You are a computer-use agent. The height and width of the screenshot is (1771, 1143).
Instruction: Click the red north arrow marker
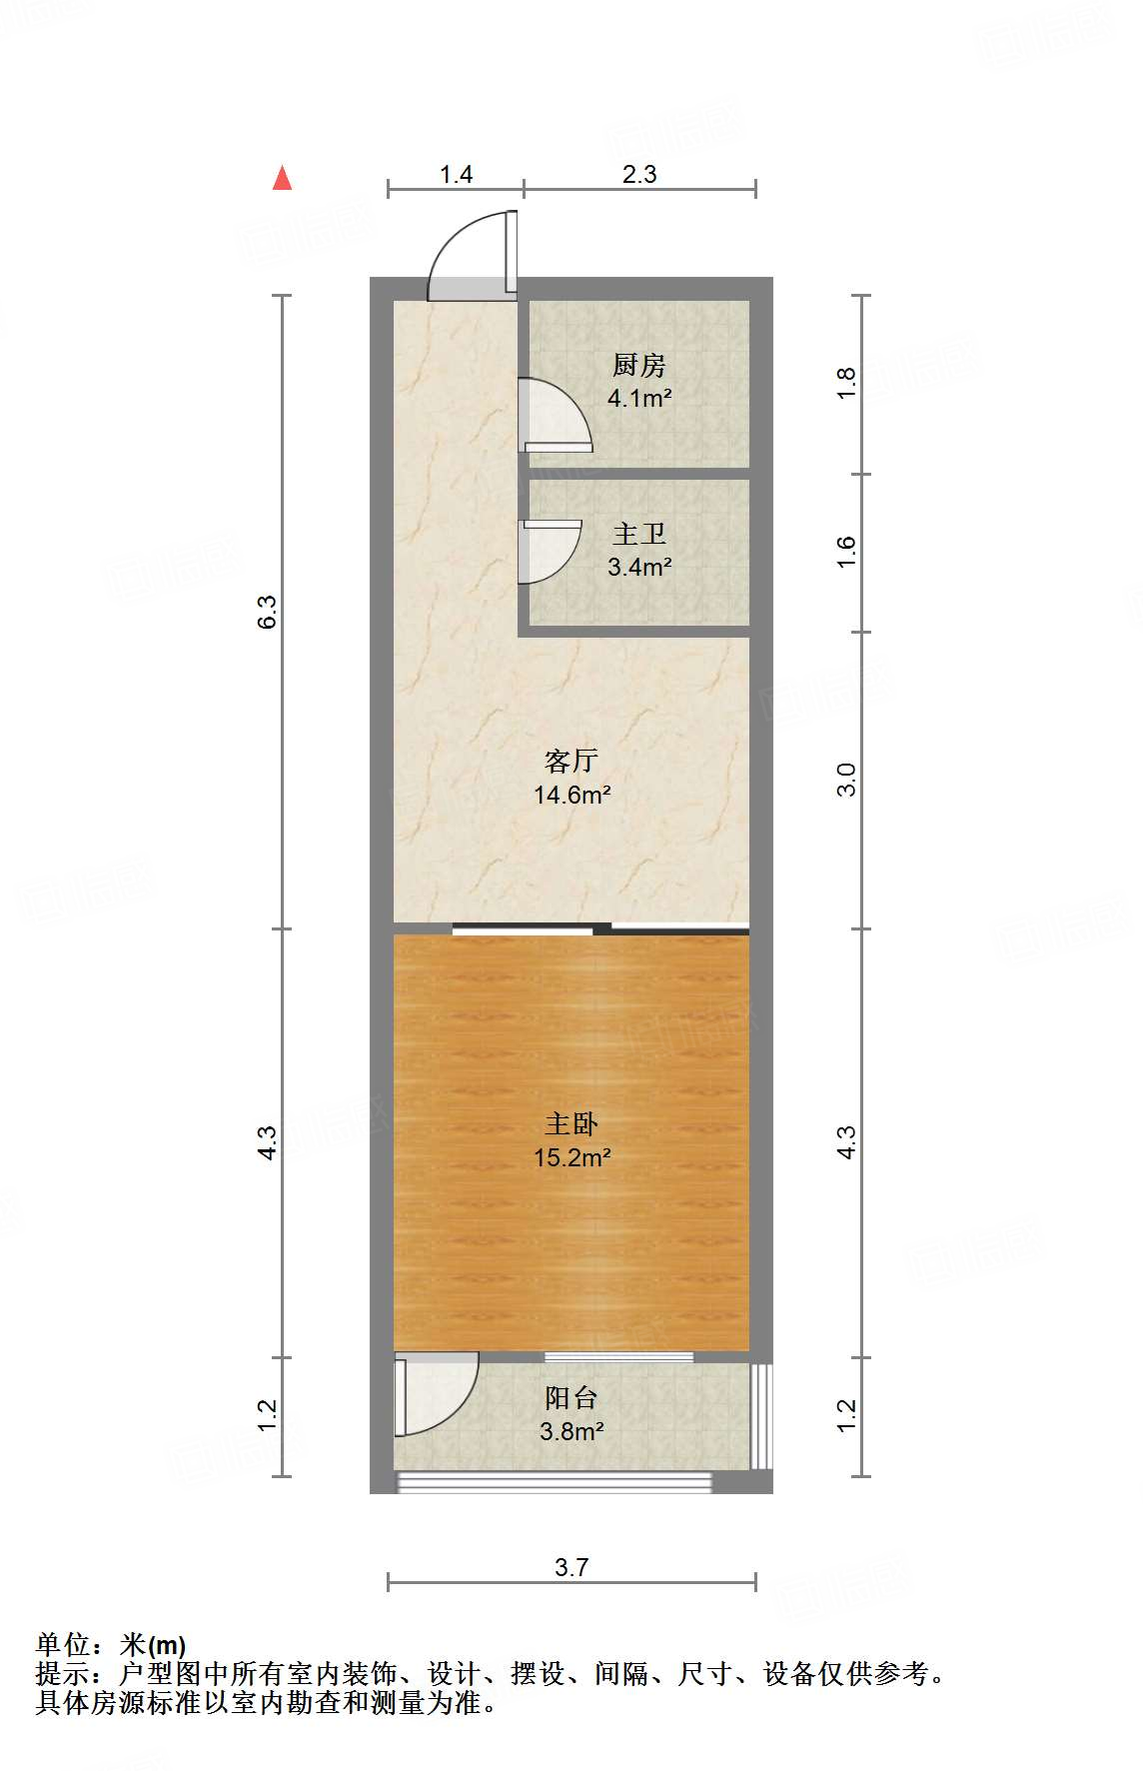point(283,178)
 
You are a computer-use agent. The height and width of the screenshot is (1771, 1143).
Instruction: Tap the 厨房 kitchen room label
point(638,366)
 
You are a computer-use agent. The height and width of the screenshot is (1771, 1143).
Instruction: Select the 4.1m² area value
point(638,398)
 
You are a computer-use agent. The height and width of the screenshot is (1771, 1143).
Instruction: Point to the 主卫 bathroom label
point(638,535)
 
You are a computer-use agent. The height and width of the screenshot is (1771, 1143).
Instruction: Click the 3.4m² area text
point(638,567)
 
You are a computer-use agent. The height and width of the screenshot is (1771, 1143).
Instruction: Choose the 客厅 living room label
point(571,762)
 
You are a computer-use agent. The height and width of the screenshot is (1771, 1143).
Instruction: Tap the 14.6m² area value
point(571,795)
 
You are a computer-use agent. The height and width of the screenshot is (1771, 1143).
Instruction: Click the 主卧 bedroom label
point(571,1124)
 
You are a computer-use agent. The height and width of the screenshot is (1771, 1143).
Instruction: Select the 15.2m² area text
point(571,1157)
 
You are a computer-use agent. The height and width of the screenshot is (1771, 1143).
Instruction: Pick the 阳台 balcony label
point(571,1398)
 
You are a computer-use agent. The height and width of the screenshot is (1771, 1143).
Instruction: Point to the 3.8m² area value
point(571,1431)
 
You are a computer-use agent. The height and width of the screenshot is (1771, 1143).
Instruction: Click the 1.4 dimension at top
point(456,175)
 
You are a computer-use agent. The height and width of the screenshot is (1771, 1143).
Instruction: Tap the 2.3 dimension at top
point(639,175)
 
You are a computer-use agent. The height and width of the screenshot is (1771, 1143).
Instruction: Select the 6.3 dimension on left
point(267,611)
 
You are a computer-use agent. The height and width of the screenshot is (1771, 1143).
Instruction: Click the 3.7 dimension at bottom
point(571,1567)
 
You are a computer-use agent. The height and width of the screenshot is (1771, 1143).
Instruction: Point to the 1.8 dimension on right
point(846,384)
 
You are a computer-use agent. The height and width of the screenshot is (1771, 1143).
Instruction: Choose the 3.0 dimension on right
point(846,779)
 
